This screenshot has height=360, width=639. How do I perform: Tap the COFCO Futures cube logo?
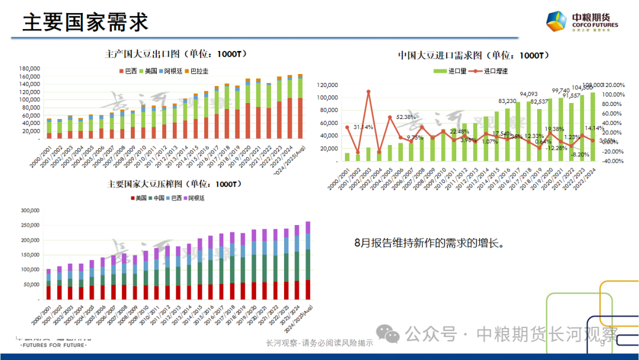click(557, 22)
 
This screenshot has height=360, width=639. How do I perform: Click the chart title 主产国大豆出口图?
click(176, 54)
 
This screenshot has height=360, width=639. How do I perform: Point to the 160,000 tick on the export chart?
click(30, 76)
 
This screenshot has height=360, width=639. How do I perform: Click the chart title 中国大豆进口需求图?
click(473, 56)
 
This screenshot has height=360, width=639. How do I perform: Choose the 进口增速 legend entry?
click(492, 71)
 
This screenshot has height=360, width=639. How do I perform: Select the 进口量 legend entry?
click(454, 71)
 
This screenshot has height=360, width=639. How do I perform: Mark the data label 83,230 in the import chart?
click(507, 101)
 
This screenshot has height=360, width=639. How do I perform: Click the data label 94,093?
click(528, 94)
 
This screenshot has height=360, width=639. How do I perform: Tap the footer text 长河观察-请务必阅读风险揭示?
click(319, 343)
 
